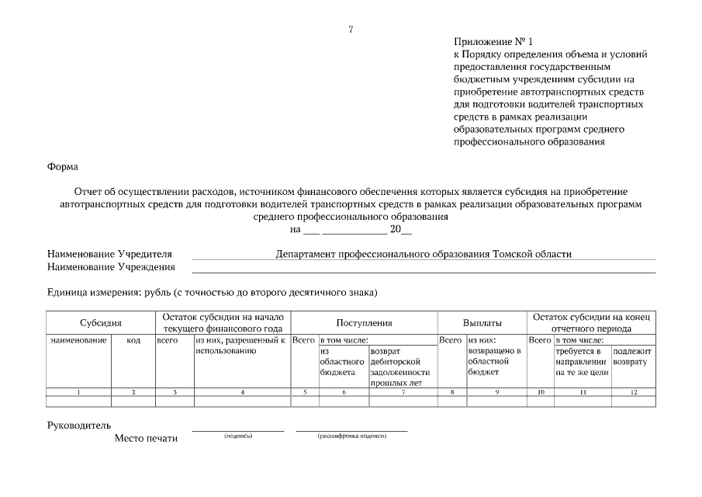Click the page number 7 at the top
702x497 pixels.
click(351, 30)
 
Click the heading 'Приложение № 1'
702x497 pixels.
click(493, 41)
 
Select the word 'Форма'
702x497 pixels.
click(63, 166)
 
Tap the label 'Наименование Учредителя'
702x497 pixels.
click(109, 254)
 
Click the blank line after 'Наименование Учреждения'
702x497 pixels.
click(423, 269)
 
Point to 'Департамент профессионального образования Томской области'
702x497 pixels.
click(423, 254)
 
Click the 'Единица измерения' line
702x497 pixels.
click(212, 293)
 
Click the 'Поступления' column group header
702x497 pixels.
click(364, 322)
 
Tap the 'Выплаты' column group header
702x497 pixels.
click(482, 322)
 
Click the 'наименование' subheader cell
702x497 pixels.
click(78, 340)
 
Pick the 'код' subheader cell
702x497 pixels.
click(133, 340)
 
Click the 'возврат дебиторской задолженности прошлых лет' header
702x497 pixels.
click(399, 367)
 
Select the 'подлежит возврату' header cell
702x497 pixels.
click(633, 356)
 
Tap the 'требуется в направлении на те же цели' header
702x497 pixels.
click(582, 362)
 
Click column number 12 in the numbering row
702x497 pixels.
click(633, 392)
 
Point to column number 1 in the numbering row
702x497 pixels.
click(78, 392)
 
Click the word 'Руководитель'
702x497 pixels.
click(79, 425)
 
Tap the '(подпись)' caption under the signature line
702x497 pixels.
click(237, 436)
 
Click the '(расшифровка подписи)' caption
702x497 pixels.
click(351, 436)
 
